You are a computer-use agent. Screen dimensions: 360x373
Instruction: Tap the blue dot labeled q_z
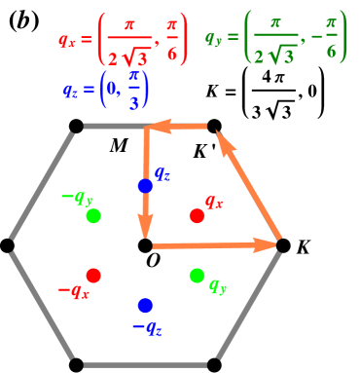145,185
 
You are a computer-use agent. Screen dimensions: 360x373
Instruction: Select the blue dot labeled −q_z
145,305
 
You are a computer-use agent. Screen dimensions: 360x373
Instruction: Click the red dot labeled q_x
197,215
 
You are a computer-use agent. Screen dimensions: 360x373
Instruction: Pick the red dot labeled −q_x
93,276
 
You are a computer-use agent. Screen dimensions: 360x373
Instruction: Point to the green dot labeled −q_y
93,215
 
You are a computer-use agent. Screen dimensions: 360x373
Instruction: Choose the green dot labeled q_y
197,276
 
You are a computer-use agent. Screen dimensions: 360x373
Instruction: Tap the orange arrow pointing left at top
178,126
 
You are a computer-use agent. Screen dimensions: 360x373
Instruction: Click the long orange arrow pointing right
214,245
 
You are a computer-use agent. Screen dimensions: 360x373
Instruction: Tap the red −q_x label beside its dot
73,291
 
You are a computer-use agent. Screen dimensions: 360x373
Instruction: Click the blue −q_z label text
146,328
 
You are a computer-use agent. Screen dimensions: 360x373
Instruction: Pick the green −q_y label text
77,198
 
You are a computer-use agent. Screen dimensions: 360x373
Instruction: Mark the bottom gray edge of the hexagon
145,365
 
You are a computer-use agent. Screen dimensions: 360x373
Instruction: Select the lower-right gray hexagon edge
248,306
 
